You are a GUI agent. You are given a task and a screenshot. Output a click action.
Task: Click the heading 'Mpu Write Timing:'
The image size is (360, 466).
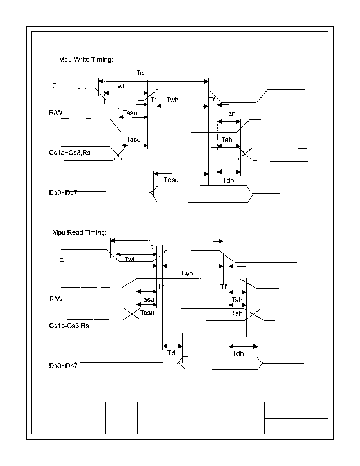[x=86, y=60]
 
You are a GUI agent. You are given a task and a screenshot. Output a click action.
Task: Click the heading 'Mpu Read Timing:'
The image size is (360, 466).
[x=79, y=232]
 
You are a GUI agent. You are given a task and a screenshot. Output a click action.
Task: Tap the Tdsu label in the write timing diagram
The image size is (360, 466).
[x=171, y=180]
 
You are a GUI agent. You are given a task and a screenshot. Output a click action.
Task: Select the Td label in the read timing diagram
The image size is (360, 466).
[x=171, y=353]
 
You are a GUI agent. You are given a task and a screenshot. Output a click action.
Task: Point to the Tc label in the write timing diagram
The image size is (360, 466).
[x=140, y=73]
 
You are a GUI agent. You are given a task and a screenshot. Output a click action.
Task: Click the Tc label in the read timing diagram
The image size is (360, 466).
[x=150, y=246]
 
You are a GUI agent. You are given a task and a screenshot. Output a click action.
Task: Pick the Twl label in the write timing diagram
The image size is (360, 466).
[x=119, y=86]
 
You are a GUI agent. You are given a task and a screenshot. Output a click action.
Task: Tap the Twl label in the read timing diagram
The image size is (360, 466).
[x=129, y=259]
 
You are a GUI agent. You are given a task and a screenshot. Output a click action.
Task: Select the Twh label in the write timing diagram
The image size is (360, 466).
[x=172, y=100]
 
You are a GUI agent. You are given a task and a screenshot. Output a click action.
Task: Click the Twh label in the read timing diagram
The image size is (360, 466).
[x=187, y=273]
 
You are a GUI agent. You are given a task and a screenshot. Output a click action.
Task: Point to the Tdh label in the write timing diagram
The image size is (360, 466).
[x=228, y=180]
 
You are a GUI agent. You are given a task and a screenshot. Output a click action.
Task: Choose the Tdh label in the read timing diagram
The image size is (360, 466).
[x=238, y=353]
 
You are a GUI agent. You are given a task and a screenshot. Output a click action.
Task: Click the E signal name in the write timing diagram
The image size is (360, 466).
[x=55, y=86]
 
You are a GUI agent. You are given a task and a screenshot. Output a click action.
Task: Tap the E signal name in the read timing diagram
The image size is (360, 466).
[x=62, y=259]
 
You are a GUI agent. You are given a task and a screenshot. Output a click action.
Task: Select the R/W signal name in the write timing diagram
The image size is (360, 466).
[x=56, y=113]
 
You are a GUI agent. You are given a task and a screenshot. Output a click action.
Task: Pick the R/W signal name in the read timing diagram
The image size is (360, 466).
[x=56, y=299]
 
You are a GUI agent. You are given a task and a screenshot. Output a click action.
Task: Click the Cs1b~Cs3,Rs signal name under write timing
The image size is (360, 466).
[x=70, y=153]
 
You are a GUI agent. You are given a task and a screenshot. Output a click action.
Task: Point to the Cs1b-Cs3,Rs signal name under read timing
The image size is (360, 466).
[x=69, y=326]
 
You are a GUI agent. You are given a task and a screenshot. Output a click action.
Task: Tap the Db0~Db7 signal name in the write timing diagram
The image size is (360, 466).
[x=63, y=193]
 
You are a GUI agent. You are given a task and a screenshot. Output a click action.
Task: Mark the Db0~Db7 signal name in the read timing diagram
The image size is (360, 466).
[x=63, y=366]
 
